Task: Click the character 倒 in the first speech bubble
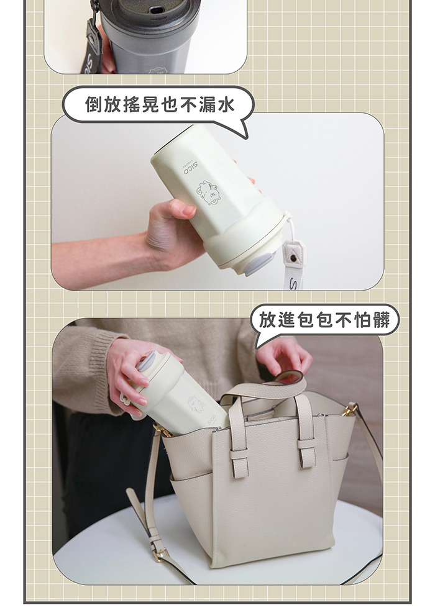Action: [x=94, y=104]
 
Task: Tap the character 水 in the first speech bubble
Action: [x=226, y=104]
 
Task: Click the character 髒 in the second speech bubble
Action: [x=382, y=320]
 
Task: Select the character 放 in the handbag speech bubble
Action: [x=268, y=320]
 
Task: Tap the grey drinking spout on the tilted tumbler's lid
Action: [x=259, y=264]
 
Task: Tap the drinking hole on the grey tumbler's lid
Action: [x=157, y=9]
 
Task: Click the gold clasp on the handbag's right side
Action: [x=349, y=410]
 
